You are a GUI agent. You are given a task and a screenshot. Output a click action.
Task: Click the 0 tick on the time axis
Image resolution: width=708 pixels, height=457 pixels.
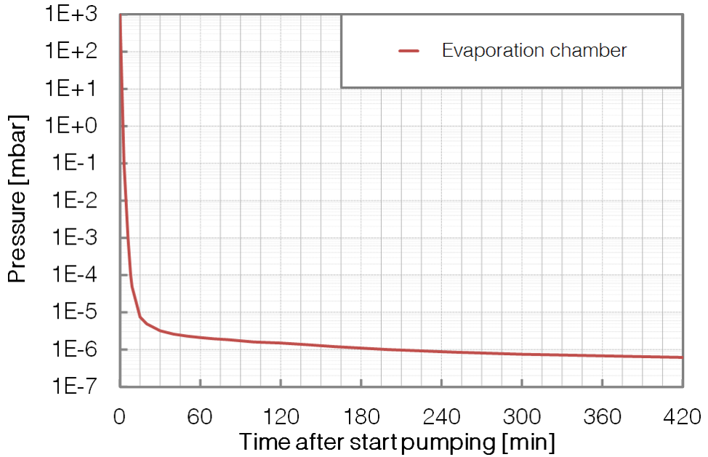pos(120,417)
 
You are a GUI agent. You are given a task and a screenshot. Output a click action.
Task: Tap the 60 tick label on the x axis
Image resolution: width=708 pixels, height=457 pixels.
pos(200,417)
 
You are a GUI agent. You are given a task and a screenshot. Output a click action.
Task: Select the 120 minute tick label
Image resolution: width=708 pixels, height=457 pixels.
pos(281,417)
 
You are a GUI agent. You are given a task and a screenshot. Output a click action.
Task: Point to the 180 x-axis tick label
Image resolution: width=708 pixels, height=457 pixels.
pos(361,417)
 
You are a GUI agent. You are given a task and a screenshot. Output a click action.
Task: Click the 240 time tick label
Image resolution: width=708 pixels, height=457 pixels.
pos(441,417)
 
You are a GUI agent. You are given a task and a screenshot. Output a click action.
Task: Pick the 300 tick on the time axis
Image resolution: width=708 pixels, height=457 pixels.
pos(522,417)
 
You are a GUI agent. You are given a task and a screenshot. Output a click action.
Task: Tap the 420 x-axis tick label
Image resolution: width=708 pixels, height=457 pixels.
pos(682,417)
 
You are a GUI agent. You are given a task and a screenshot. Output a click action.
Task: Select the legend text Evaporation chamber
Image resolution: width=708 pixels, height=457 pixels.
pos(534,51)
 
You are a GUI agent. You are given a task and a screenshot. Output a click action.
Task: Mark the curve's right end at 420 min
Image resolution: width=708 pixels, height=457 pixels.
pos(681,357)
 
